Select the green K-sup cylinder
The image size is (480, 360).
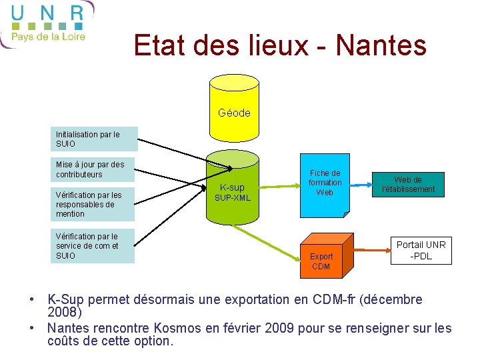232,190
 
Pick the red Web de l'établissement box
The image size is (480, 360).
407,185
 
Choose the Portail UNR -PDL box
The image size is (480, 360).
421,250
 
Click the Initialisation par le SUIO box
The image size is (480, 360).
94,139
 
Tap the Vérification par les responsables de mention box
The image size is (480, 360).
93,205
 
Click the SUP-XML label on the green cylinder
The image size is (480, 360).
232,198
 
